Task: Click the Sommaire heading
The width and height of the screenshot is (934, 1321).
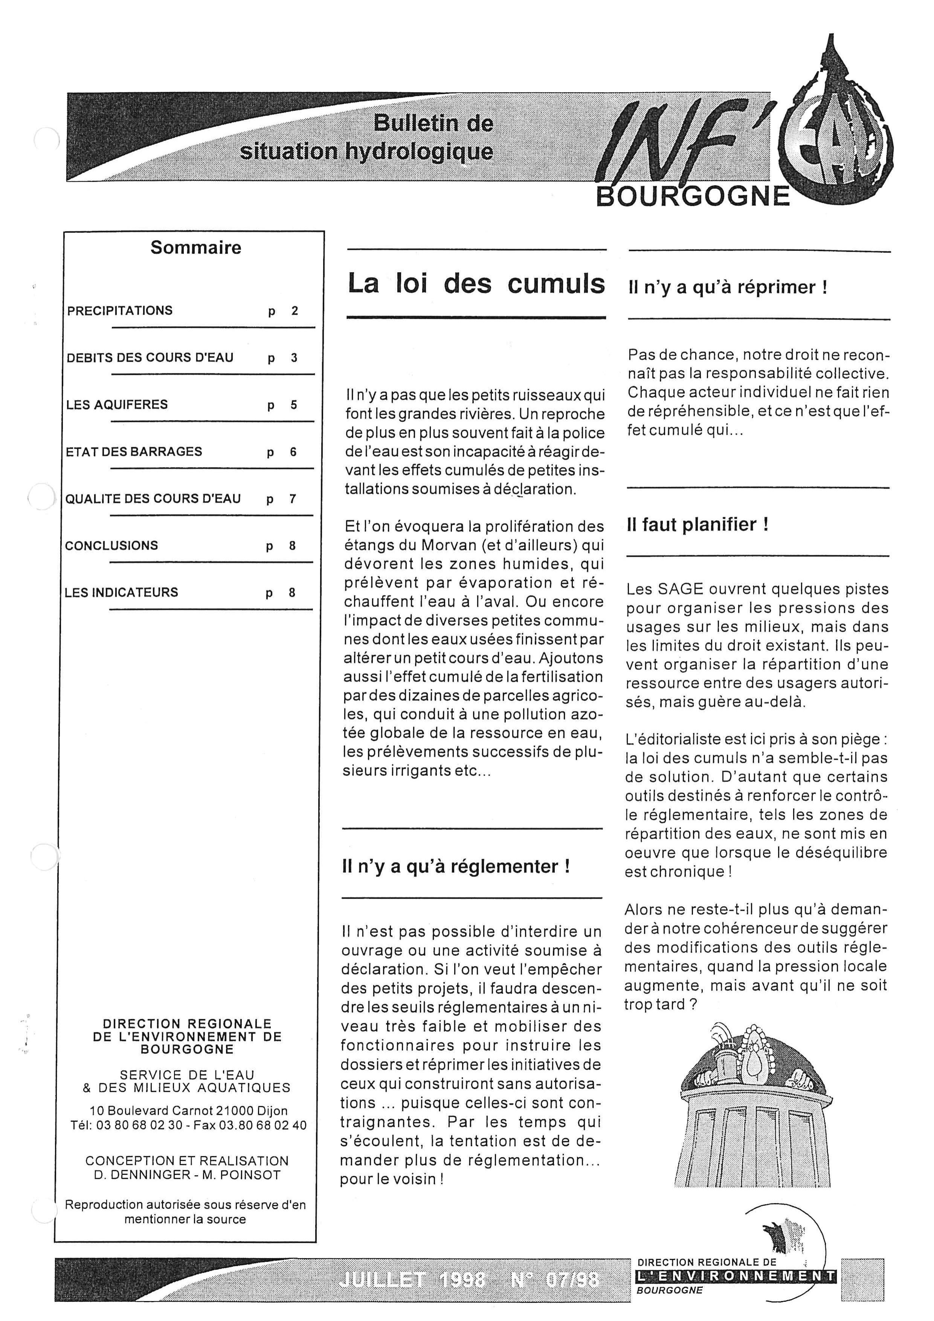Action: pos(195,248)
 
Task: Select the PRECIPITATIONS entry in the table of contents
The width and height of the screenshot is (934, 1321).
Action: pos(120,311)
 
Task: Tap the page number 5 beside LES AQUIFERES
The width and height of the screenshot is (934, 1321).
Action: pos(293,405)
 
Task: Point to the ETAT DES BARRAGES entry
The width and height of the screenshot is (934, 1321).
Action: pos(134,452)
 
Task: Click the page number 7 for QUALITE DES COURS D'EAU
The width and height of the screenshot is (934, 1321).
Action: pos(292,499)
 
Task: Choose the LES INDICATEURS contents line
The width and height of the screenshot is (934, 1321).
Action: pos(121,593)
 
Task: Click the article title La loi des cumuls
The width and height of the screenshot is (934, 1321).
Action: pos(476,284)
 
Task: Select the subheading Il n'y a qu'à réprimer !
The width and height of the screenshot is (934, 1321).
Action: pos(728,287)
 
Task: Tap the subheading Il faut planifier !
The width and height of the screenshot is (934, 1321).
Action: pos(697,525)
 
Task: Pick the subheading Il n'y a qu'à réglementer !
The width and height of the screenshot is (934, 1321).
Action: pos(455,866)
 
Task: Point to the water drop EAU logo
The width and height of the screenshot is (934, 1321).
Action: pos(837,138)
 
